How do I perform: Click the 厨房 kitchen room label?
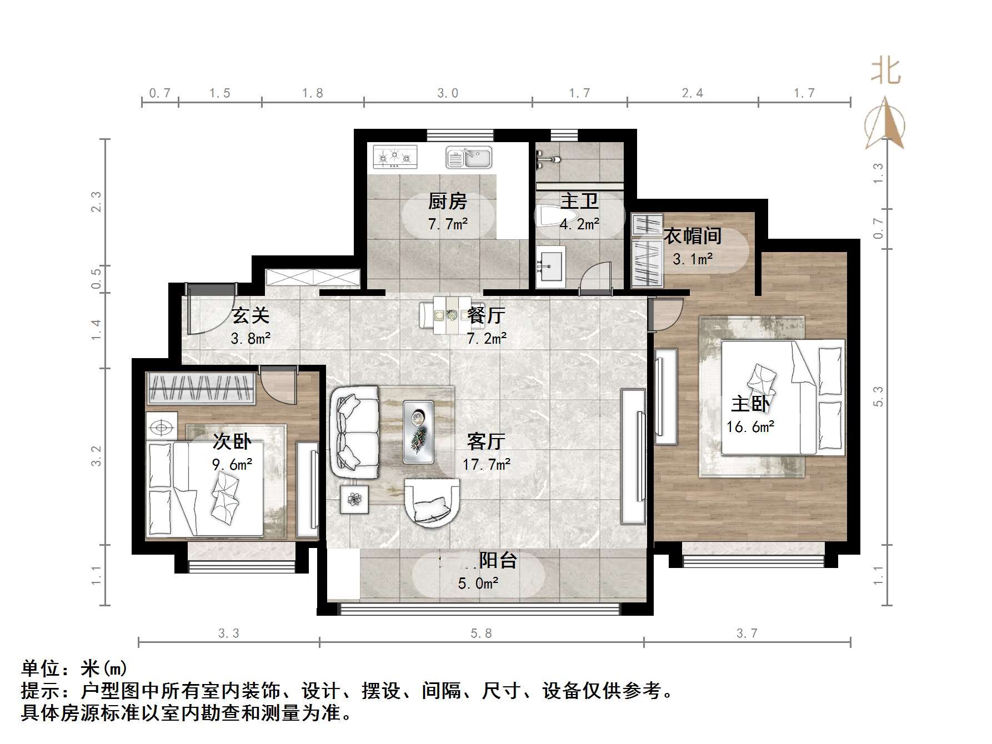point(447,201)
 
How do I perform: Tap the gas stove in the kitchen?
point(395,157)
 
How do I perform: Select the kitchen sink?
point(469,157)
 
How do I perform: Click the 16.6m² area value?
point(750,427)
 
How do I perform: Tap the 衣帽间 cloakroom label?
point(693,236)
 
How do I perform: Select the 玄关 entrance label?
point(250,315)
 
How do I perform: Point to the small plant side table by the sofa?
point(354,499)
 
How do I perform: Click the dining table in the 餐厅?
point(447,315)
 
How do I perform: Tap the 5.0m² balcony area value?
point(478,583)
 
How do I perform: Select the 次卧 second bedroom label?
point(232,442)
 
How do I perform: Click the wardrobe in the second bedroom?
point(201,388)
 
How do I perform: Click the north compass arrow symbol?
point(885,122)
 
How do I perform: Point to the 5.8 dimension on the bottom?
point(481,634)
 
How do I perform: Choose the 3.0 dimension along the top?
point(448,93)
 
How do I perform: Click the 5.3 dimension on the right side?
point(878,396)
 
